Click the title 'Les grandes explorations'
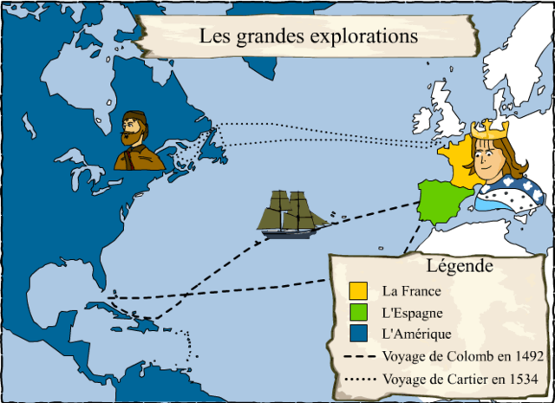pyautogui.click(x=308, y=36)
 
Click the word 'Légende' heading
pyautogui.click(x=460, y=265)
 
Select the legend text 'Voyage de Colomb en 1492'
pyautogui.click(x=462, y=356)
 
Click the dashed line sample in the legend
pyautogui.click(x=361, y=357)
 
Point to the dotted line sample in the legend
pyautogui.click(x=361, y=379)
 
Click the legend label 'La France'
pyautogui.click(x=412, y=291)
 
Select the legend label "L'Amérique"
pyautogui.click(x=417, y=334)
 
